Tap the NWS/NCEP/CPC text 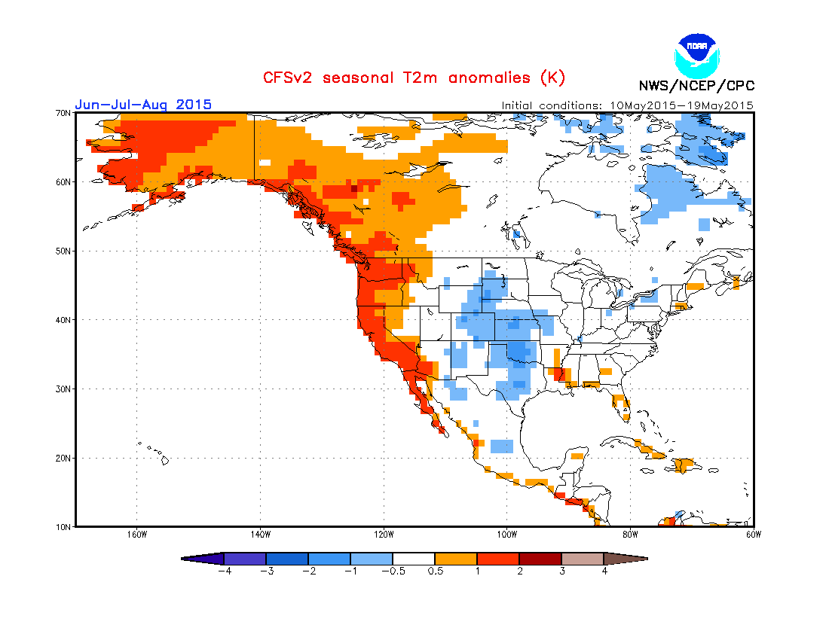click(696, 85)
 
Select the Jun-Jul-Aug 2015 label click(143, 105)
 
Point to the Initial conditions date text click(628, 105)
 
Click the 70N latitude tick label click(63, 113)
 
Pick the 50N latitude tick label click(63, 251)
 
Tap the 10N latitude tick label click(63, 526)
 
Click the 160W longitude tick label click(136, 535)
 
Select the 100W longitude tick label click(506, 535)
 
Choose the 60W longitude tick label click(753, 535)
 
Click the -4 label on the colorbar click(223, 571)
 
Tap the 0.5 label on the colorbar click(435, 571)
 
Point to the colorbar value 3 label click(561, 571)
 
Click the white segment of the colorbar click(414, 559)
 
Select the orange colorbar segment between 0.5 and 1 click(456, 559)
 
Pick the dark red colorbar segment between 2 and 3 click(540, 559)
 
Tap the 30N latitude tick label click(63, 389)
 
